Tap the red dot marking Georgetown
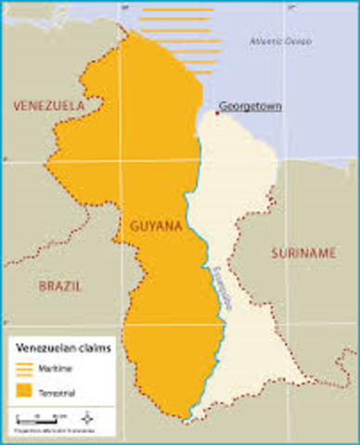[x=217, y=111]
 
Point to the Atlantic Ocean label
[x=280, y=41]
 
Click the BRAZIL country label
[x=60, y=286]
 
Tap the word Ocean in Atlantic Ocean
[x=298, y=41]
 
